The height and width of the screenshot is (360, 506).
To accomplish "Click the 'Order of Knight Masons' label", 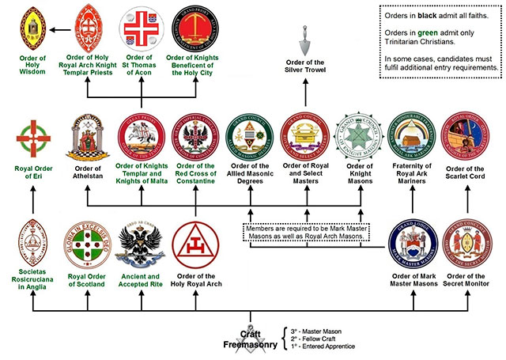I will point(360,172).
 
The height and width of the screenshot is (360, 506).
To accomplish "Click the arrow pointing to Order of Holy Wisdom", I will point(56,29).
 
